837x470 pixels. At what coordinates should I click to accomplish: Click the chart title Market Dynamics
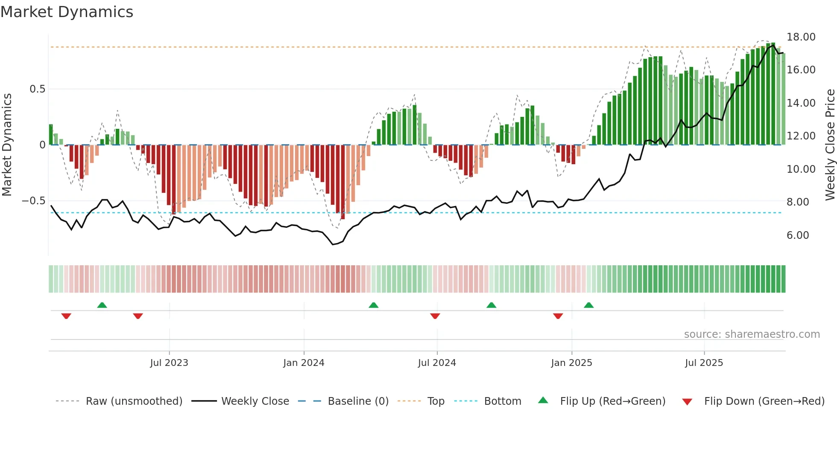(67, 12)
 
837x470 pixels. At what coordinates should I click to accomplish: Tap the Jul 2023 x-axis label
(169, 363)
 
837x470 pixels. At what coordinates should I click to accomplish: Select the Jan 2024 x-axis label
(304, 363)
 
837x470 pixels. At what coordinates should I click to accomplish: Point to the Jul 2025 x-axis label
(704, 363)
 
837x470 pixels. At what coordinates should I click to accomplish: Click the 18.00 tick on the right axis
(801, 37)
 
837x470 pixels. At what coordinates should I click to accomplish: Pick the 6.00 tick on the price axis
(797, 235)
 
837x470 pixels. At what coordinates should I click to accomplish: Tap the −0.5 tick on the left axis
(33, 201)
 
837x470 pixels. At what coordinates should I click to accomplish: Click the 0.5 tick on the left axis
(37, 89)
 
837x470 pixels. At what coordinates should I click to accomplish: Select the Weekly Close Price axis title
(830, 144)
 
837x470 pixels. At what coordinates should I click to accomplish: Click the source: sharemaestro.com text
(752, 334)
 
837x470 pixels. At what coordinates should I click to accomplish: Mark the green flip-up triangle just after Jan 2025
(588, 305)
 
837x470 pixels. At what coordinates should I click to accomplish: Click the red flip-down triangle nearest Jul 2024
(435, 316)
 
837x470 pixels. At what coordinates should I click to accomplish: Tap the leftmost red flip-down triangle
(66, 316)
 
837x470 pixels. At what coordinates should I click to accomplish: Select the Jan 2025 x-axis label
(571, 363)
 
